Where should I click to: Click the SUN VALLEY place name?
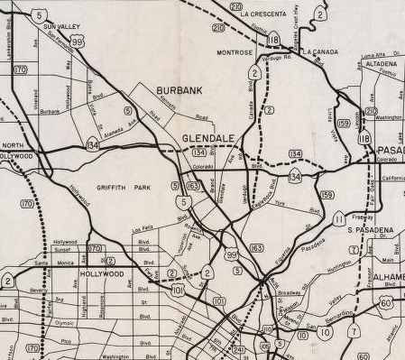[63, 28]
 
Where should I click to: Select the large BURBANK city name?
[180, 92]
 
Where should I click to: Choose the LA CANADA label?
[318, 52]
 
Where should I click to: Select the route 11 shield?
[338, 218]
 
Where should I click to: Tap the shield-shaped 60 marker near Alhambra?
[386, 303]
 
